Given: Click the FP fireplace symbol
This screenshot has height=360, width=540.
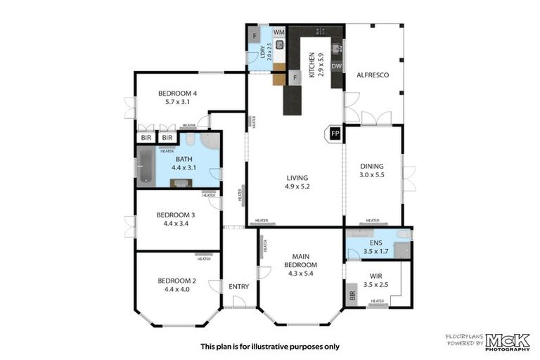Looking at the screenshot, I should pyautogui.click(x=335, y=134).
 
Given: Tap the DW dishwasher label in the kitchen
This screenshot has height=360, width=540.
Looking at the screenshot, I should pyautogui.click(x=337, y=67).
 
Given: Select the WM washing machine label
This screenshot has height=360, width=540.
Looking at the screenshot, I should pyautogui.click(x=278, y=32).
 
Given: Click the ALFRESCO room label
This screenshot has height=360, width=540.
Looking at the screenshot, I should pyautogui.click(x=373, y=75).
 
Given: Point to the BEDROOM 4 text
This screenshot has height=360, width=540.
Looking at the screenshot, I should pyautogui.click(x=177, y=94).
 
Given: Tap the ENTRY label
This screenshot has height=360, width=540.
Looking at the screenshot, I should pyautogui.click(x=239, y=286).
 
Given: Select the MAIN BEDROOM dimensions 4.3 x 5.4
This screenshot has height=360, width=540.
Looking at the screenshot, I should pyautogui.click(x=301, y=274).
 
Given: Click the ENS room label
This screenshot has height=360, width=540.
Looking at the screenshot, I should pyautogui.click(x=375, y=243).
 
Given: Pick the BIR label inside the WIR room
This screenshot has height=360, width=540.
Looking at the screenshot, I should pyautogui.click(x=352, y=295).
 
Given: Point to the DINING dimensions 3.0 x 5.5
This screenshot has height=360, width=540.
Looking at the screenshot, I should pyautogui.click(x=372, y=174).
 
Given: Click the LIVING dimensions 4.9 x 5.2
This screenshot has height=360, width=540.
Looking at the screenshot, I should pyautogui.click(x=297, y=187).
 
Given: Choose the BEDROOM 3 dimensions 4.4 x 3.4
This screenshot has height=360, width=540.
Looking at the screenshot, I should pyautogui.click(x=176, y=224).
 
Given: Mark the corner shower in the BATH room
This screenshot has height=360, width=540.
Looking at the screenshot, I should pyautogui.click(x=209, y=142).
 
